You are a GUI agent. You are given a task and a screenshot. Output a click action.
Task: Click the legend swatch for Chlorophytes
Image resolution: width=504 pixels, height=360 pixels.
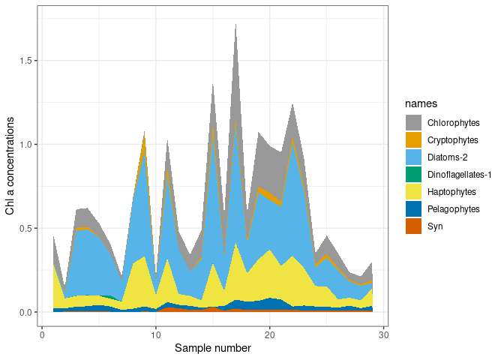(414, 122)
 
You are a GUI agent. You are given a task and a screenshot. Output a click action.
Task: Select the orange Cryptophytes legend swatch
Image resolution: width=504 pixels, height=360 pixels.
(414, 139)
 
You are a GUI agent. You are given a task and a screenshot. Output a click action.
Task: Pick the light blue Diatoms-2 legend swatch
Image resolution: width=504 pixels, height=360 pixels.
(414, 157)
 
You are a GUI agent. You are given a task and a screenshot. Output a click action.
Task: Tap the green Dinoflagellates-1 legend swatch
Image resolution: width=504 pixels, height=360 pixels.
(414, 174)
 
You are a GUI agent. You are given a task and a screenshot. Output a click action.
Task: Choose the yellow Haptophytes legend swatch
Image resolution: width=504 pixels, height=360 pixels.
(414, 191)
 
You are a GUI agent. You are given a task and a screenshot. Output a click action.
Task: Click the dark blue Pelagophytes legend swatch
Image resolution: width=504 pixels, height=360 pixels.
(414, 208)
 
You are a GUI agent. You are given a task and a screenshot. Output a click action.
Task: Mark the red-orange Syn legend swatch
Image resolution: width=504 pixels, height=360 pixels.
(414, 226)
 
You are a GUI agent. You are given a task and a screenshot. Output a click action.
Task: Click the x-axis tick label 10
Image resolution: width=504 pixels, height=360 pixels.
(156, 334)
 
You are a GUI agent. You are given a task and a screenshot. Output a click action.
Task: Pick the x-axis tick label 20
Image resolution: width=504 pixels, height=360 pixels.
(270, 334)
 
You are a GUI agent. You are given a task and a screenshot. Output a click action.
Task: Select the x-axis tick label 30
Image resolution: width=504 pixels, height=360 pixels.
(383, 334)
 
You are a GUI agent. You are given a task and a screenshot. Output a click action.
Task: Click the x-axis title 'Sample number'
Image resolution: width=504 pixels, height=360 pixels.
(212, 349)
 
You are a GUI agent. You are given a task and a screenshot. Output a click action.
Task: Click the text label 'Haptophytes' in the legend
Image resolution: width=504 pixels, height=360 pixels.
(451, 191)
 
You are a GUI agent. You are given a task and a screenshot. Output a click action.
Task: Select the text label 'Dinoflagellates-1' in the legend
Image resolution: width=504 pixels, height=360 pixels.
(460, 174)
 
